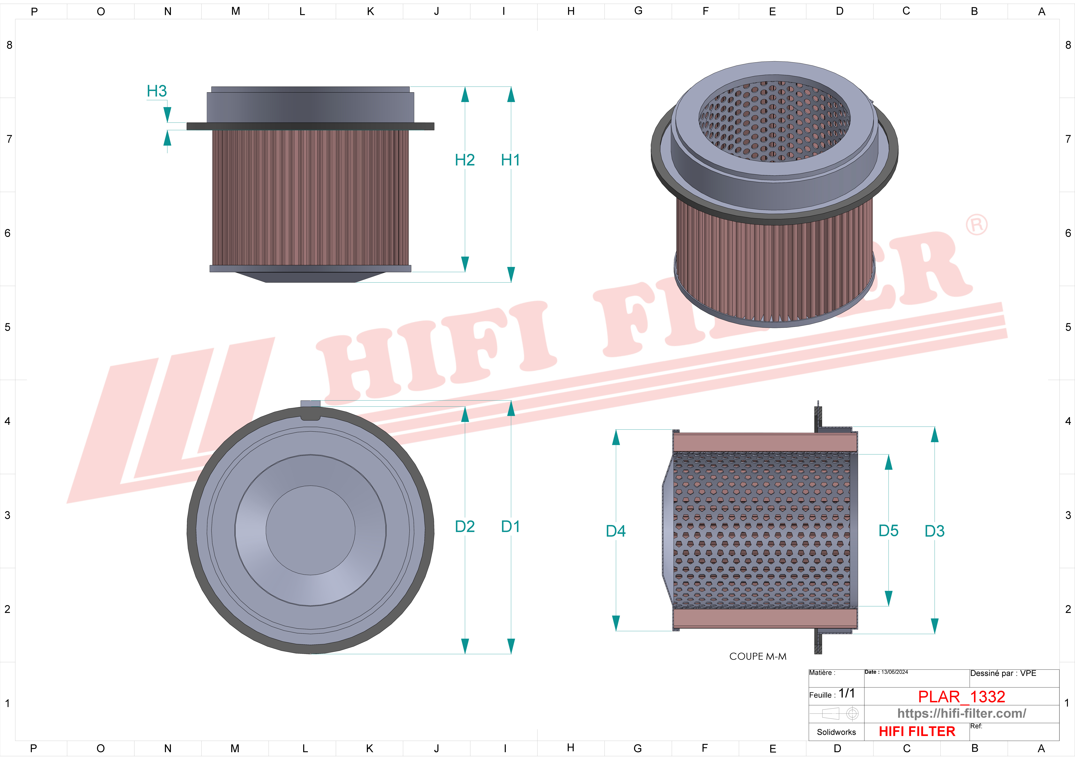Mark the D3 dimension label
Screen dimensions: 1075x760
(x=935, y=531)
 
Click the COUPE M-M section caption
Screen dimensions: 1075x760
(x=758, y=656)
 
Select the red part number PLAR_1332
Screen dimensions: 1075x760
(x=961, y=697)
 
